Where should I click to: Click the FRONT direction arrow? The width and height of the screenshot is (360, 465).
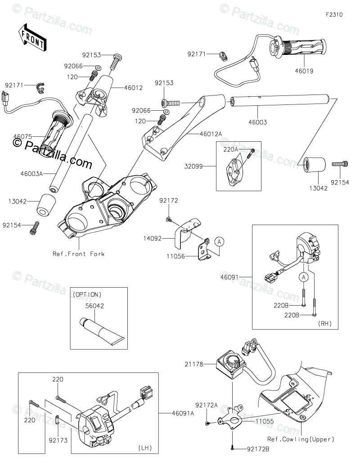click(x=31, y=38)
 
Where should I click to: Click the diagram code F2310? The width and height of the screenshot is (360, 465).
click(x=334, y=14)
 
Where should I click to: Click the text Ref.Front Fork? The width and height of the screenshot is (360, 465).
click(x=78, y=254)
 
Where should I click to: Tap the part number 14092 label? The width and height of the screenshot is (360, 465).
click(x=165, y=239)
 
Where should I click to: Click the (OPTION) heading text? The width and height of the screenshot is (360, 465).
click(x=87, y=294)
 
